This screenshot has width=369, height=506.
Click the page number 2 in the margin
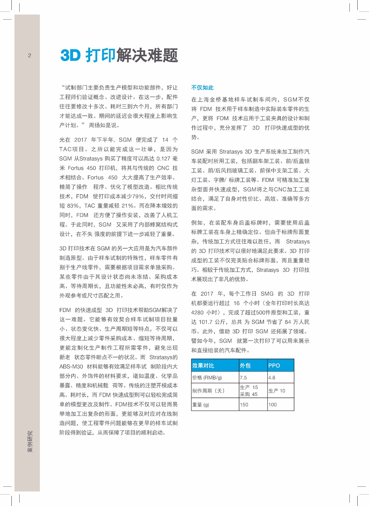[30, 56]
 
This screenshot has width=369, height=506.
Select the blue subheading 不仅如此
[202, 88]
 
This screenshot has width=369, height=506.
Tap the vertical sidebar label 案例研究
[30, 441]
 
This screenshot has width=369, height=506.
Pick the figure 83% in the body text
[73, 206]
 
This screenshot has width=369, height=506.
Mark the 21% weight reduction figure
[128, 206]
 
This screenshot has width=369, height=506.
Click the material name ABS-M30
[71, 367]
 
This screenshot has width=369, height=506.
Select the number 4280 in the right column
[197, 312]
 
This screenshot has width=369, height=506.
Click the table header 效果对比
[203, 366]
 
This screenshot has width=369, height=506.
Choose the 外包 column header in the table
[245, 366]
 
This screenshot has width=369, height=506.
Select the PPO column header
[274, 366]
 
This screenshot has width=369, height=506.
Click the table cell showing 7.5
[243, 378]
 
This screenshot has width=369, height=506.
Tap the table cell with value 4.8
[272, 378]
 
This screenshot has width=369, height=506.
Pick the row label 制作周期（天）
[208, 391]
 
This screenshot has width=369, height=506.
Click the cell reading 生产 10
[277, 391]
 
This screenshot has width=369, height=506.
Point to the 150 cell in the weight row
[244, 405]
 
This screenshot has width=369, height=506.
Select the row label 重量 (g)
[201, 405]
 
